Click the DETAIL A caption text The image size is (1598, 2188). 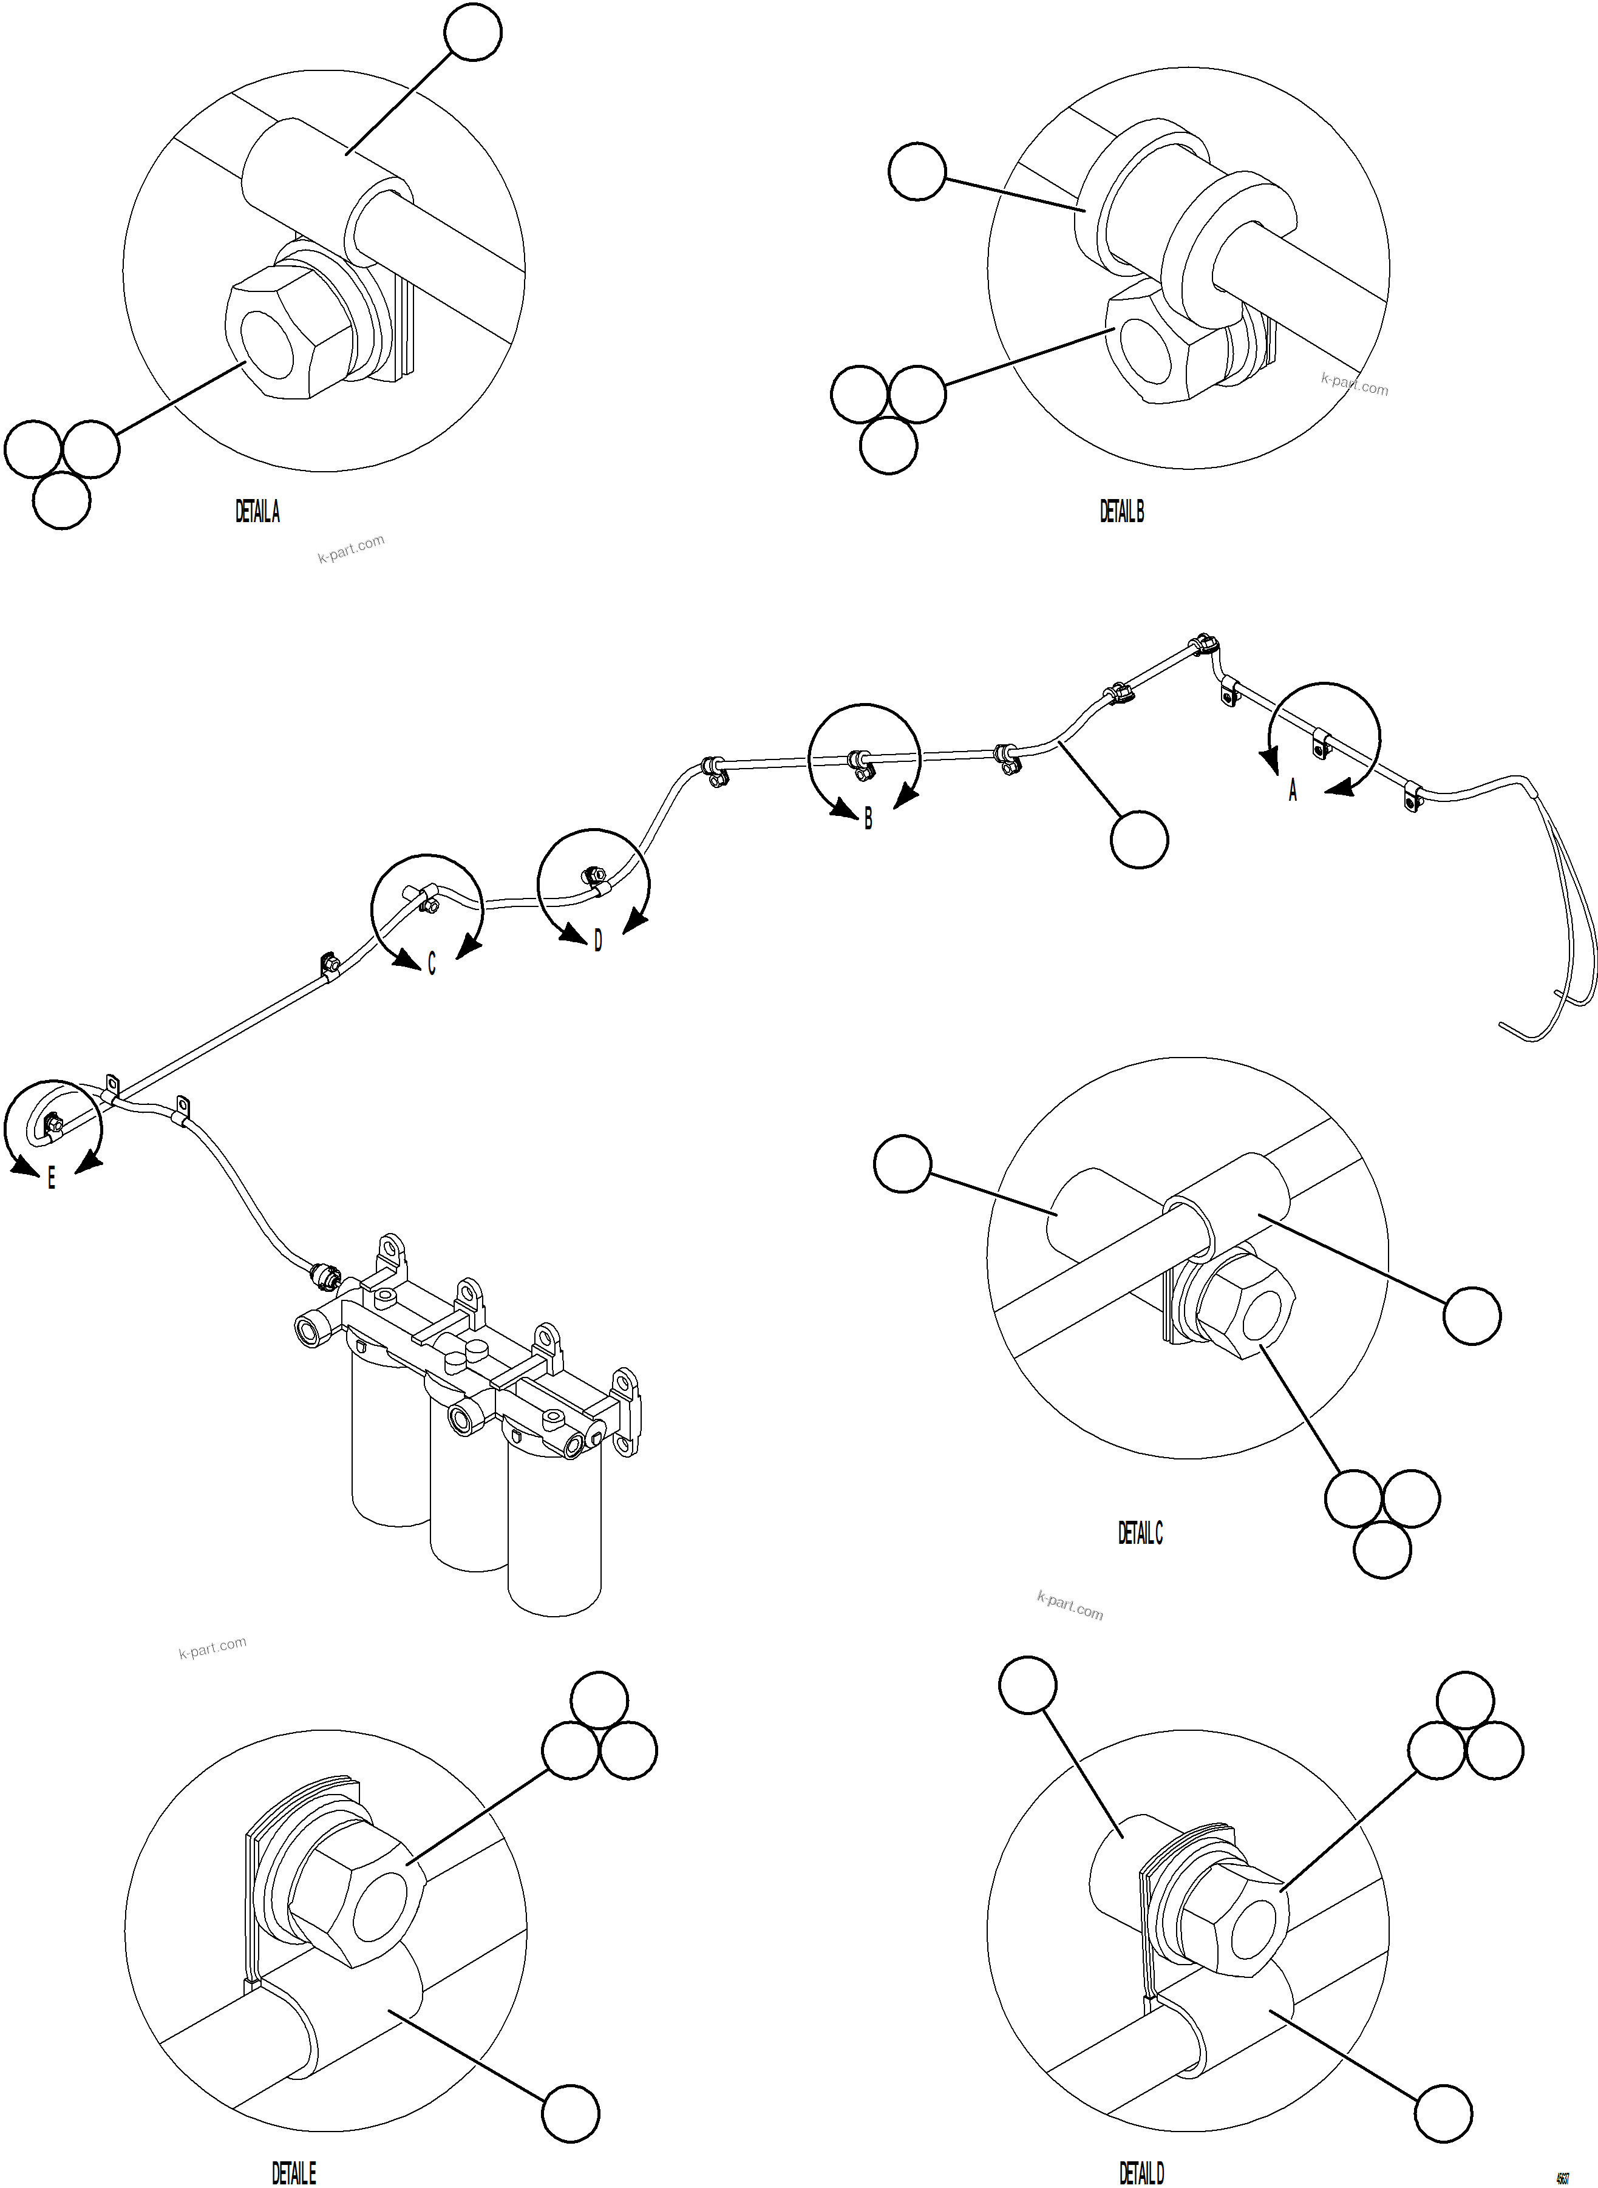(x=257, y=512)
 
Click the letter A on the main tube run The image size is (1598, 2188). (x=1293, y=791)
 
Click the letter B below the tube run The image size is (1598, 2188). (x=868, y=820)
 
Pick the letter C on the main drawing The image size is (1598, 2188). (x=432, y=965)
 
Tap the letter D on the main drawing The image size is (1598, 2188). (x=598, y=940)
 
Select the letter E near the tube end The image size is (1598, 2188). (x=51, y=1178)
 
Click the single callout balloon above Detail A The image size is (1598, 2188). (x=473, y=32)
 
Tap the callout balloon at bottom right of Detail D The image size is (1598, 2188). (x=1444, y=2113)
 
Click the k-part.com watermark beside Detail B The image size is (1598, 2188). (x=1355, y=384)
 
